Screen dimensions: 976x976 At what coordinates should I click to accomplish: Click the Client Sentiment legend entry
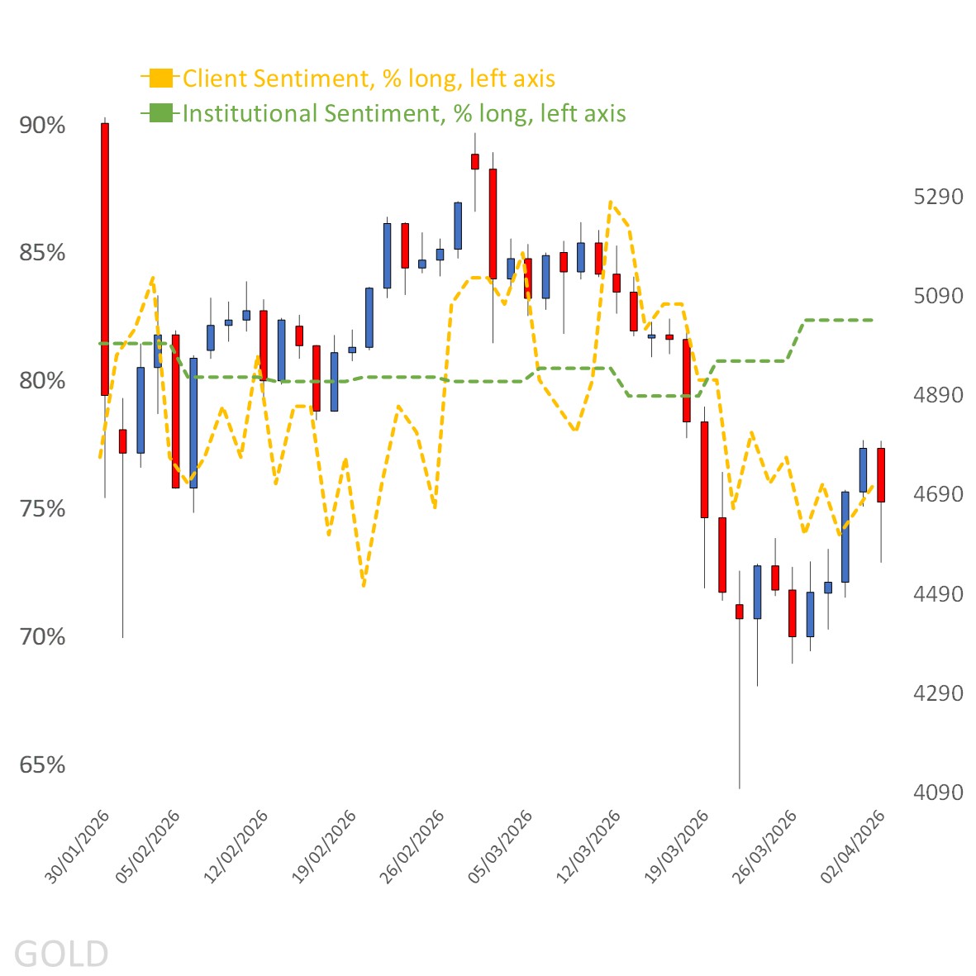[x=368, y=79]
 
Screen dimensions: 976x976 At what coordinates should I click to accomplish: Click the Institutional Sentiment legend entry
[x=403, y=113]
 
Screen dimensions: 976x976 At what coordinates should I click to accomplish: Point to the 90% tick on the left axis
[x=42, y=126]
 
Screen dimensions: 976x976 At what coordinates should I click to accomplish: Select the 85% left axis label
[x=42, y=253]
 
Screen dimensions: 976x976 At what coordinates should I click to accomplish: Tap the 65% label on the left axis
[x=42, y=765]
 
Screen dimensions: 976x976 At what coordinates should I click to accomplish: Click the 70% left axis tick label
[x=42, y=637]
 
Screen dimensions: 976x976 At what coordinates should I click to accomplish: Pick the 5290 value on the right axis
[x=938, y=197]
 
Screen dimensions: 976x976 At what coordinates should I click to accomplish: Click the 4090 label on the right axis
[x=938, y=793]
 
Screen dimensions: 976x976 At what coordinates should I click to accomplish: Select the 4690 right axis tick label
[x=938, y=494]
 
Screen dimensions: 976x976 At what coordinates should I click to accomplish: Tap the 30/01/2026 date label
[x=77, y=847]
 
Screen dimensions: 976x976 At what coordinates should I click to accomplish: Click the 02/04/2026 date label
[x=853, y=847]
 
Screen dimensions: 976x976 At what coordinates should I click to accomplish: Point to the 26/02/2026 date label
[x=412, y=847]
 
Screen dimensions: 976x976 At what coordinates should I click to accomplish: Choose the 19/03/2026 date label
[x=677, y=847]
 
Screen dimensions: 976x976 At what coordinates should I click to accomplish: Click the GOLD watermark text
[x=61, y=954]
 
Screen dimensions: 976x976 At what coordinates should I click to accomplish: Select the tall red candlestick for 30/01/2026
[x=105, y=259]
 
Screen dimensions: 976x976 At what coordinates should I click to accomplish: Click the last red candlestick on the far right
[x=881, y=474]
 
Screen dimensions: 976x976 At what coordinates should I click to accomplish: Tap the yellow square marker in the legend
[x=161, y=79]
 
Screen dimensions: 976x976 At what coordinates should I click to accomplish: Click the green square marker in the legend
[x=161, y=113]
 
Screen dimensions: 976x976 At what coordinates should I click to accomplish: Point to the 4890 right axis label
[x=938, y=395]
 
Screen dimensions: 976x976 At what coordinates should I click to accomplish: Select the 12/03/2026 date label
[x=588, y=847]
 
